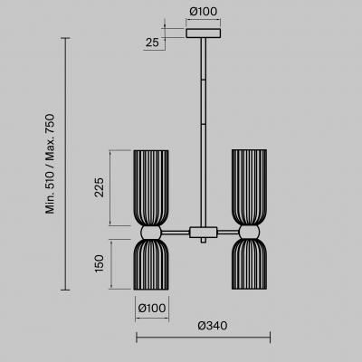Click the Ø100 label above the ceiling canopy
pyautogui.click(x=204, y=12)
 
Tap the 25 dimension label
pyautogui.click(x=152, y=43)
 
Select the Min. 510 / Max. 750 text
pyautogui.click(x=50, y=164)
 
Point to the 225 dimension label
pyautogui.click(x=99, y=187)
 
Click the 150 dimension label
pyautogui.click(x=99, y=263)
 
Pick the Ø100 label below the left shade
pyautogui.click(x=152, y=308)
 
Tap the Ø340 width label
pyautogui.click(x=213, y=326)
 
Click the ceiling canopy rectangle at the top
pyautogui.click(x=204, y=33)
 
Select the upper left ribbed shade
pyautogui.click(x=151, y=188)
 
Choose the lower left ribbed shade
pyautogui.click(x=151, y=264)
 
